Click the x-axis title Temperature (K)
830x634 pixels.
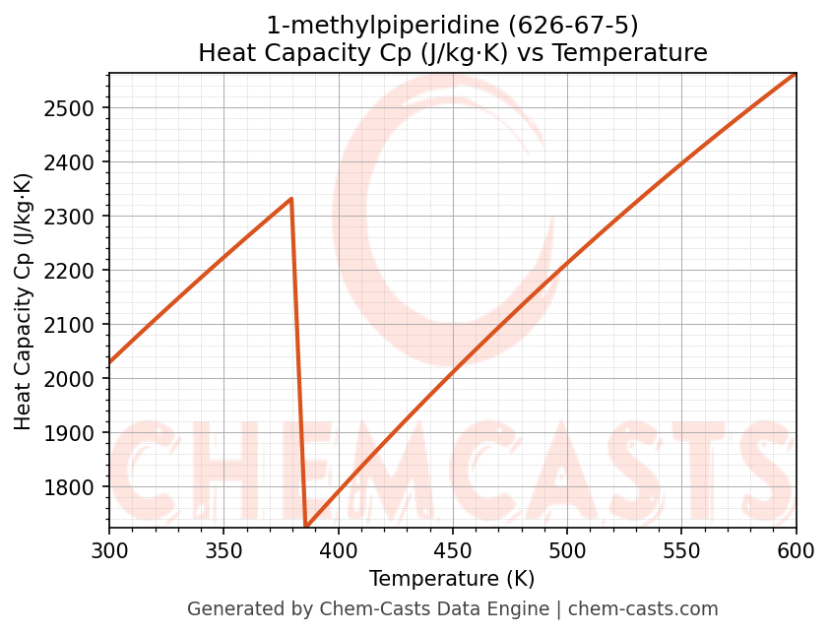point(452,579)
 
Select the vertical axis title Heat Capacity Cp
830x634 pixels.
point(24,300)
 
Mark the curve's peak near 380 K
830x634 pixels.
point(291,199)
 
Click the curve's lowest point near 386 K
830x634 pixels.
point(306,526)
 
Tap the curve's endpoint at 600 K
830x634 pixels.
point(795,74)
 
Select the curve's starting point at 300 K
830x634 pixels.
point(110,362)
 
